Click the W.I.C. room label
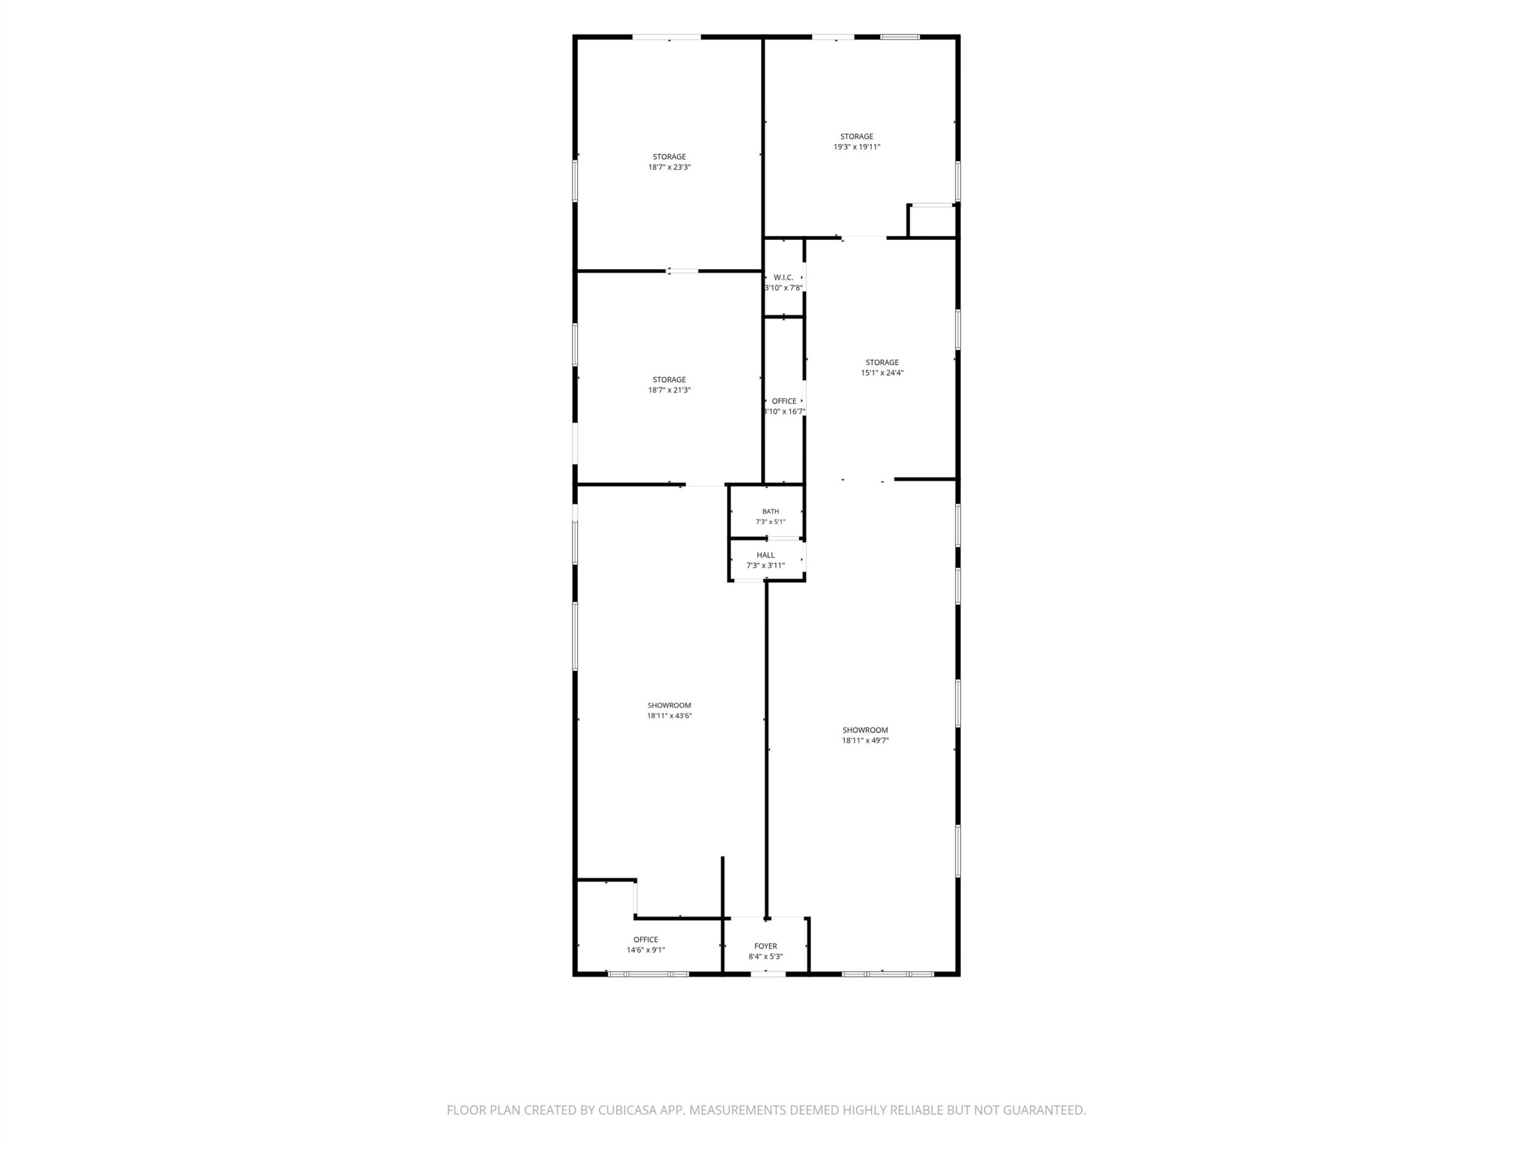click(783, 277)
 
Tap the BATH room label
click(771, 511)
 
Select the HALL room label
click(766, 555)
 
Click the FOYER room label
click(766, 946)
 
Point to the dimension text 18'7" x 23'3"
click(669, 168)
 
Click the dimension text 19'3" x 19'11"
click(858, 147)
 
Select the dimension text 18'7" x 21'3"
click(669, 391)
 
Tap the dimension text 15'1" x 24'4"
click(882, 373)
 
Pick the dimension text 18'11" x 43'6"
click(669, 716)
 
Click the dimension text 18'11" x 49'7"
click(865, 740)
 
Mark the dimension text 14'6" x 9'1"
click(646, 950)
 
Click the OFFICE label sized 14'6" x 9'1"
click(646, 940)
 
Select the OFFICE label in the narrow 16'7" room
click(784, 401)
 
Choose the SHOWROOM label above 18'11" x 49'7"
click(865, 730)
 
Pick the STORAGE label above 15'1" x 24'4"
click(882, 362)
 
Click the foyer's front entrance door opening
click(768, 974)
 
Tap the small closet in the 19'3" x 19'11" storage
click(932, 220)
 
